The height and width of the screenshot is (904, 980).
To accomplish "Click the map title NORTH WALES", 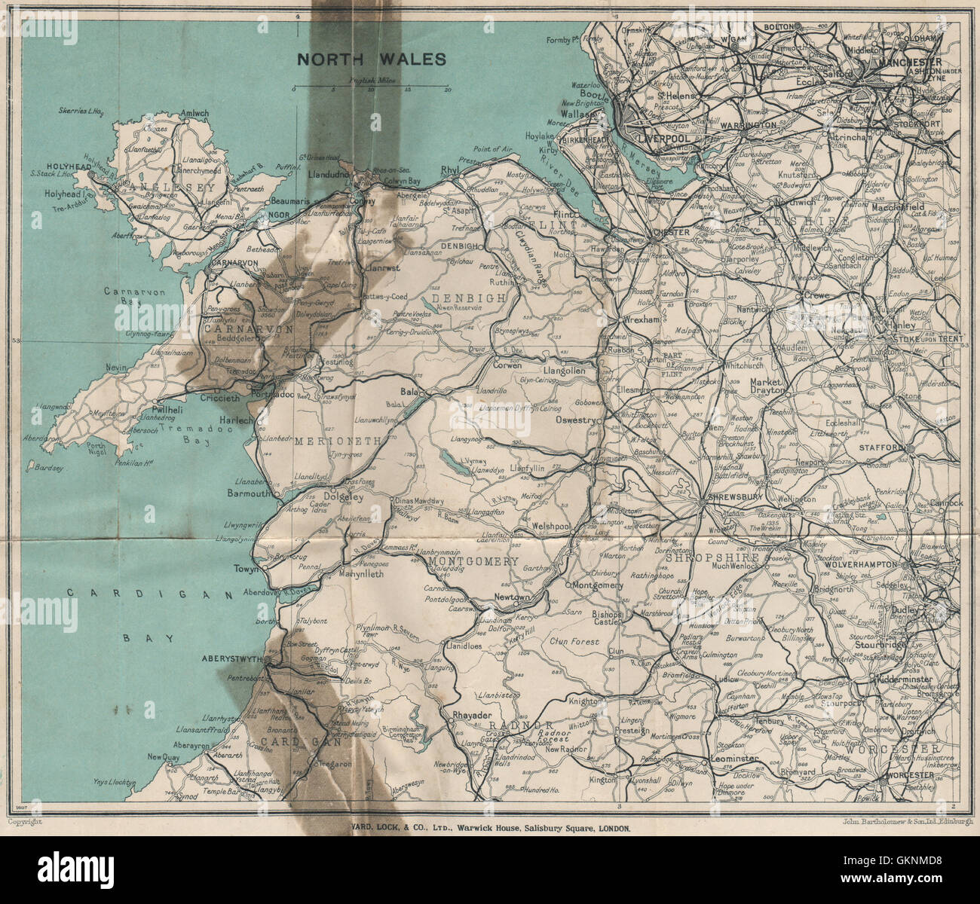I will click(370, 60).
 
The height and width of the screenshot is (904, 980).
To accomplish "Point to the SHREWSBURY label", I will click(730, 499).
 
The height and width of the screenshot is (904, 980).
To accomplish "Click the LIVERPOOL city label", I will click(664, 139).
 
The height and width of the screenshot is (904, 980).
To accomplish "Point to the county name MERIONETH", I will click(330, 440).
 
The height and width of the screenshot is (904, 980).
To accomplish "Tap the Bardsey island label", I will click(44, 468).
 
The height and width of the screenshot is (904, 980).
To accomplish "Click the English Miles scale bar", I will click(371, 89).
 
